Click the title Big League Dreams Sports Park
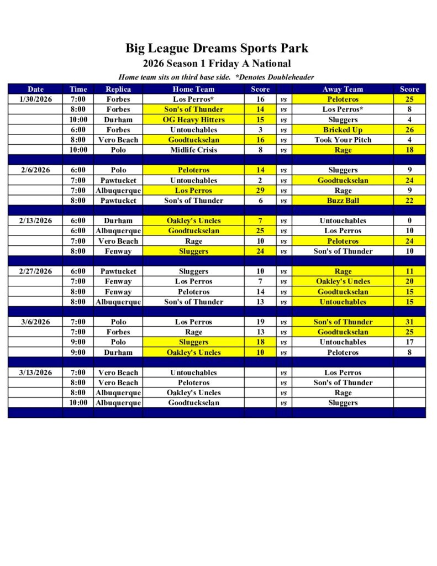(217, 48)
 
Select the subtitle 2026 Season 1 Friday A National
(217, 64)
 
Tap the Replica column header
(118, 89)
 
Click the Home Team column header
(193, 89)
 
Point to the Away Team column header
(343, 89)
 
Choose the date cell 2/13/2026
(35, 221)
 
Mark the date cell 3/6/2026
(35, 322)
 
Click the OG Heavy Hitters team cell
(193, 119)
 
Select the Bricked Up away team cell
(343, 130)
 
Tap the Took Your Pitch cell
(343, 140)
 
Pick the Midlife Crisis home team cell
(193, 150)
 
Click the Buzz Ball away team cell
(343, 201)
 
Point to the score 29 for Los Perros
(260, 190)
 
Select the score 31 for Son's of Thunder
(409, 322)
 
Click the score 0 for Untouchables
(409, 221)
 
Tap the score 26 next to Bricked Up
(409, 130)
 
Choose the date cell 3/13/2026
(35, 373)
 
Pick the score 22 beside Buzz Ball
(409, 201)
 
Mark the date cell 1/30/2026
(35, 99)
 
